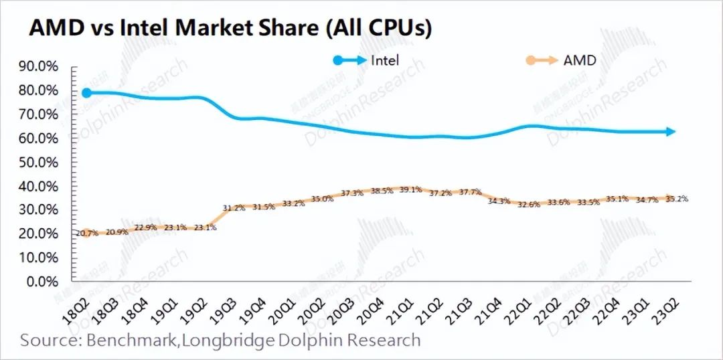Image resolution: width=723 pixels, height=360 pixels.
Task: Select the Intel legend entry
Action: pyautogui.click(x=385, y=60)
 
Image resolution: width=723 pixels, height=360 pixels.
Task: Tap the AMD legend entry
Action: pyautogui.click(x=580, y=60)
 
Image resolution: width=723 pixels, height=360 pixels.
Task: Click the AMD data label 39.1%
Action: pyautogui.click(x=410, y=189)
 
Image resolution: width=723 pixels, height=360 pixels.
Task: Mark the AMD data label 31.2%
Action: pyautogui.click(x=234, y=208)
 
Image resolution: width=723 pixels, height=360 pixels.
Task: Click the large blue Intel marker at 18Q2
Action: pyautogui.click(x=86, y=92)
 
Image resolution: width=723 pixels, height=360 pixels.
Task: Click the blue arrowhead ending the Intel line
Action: pyautogui.click(x=671, y=132)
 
